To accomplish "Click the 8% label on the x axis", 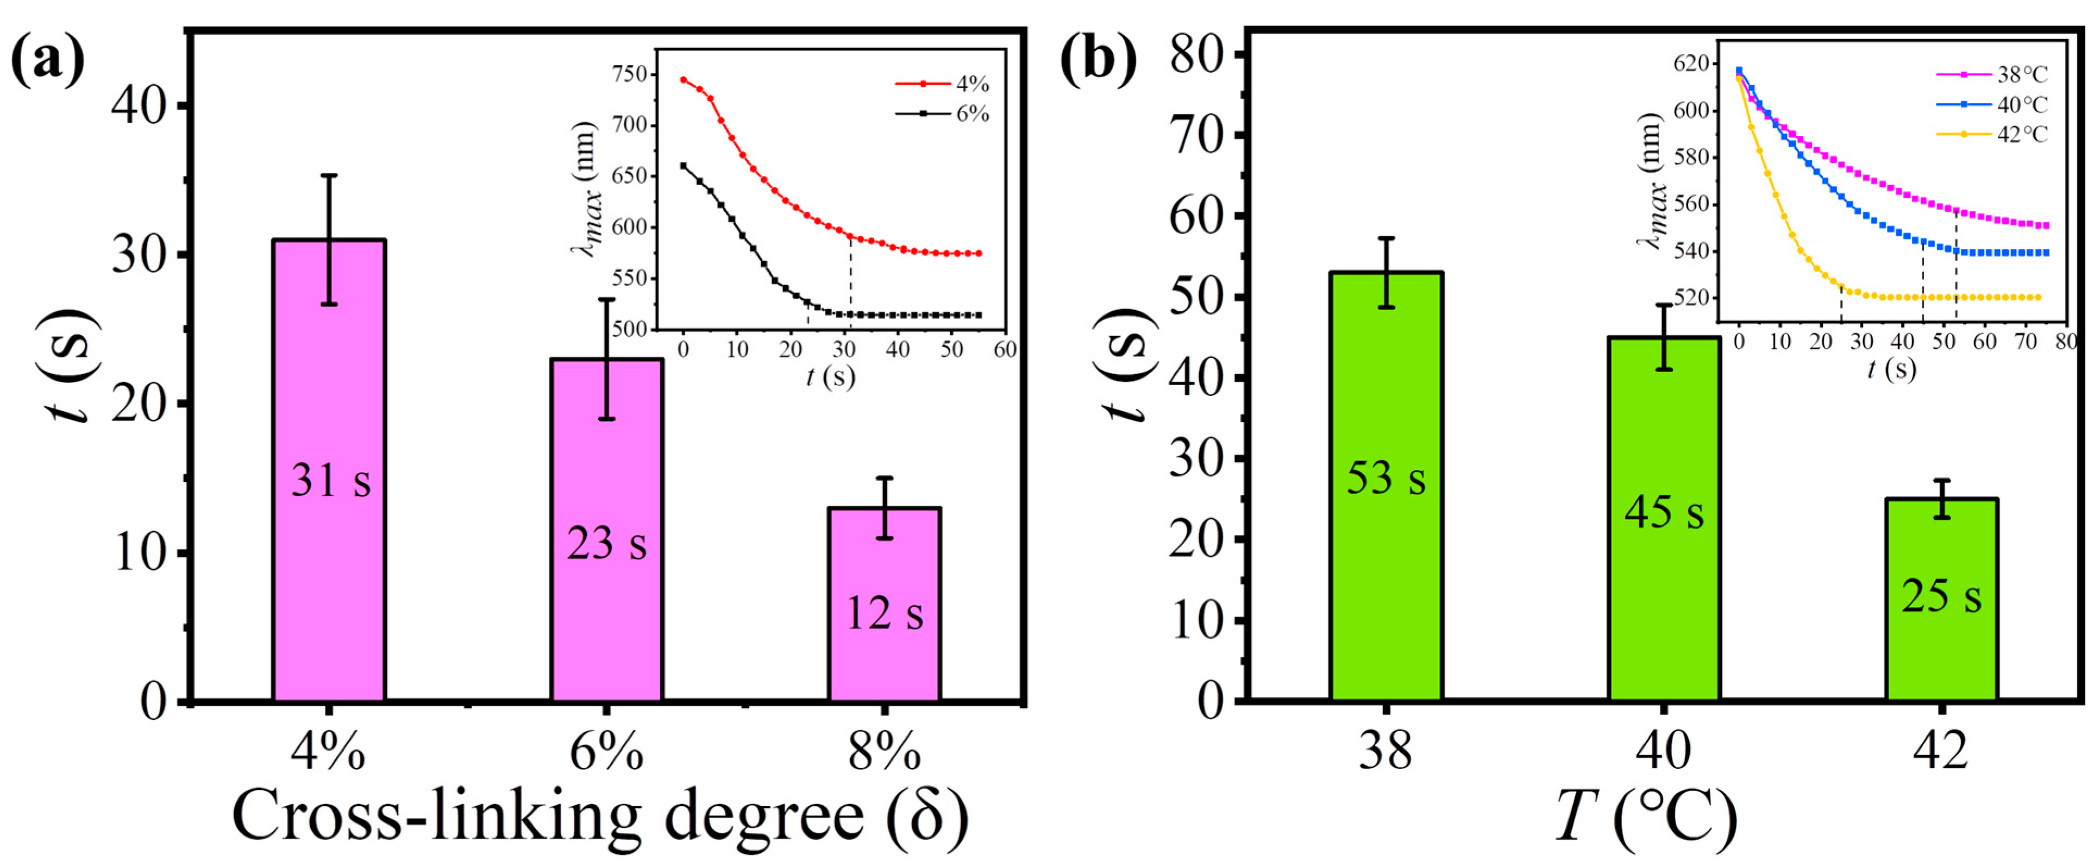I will coord(885,751).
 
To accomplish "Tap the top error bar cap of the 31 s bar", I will coord(329,175).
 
